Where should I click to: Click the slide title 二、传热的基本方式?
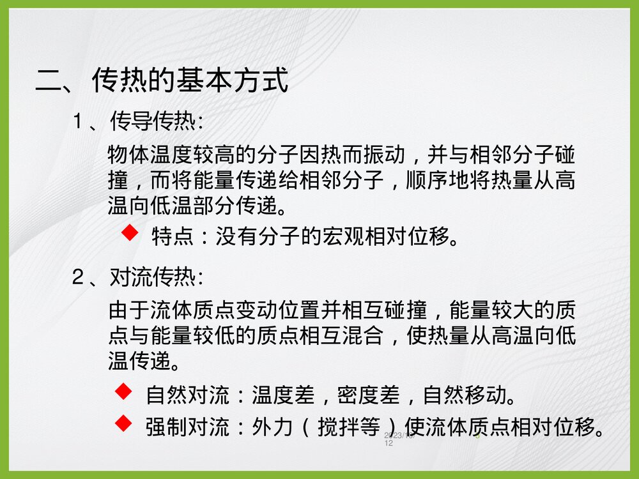click(x=162, y=81)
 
